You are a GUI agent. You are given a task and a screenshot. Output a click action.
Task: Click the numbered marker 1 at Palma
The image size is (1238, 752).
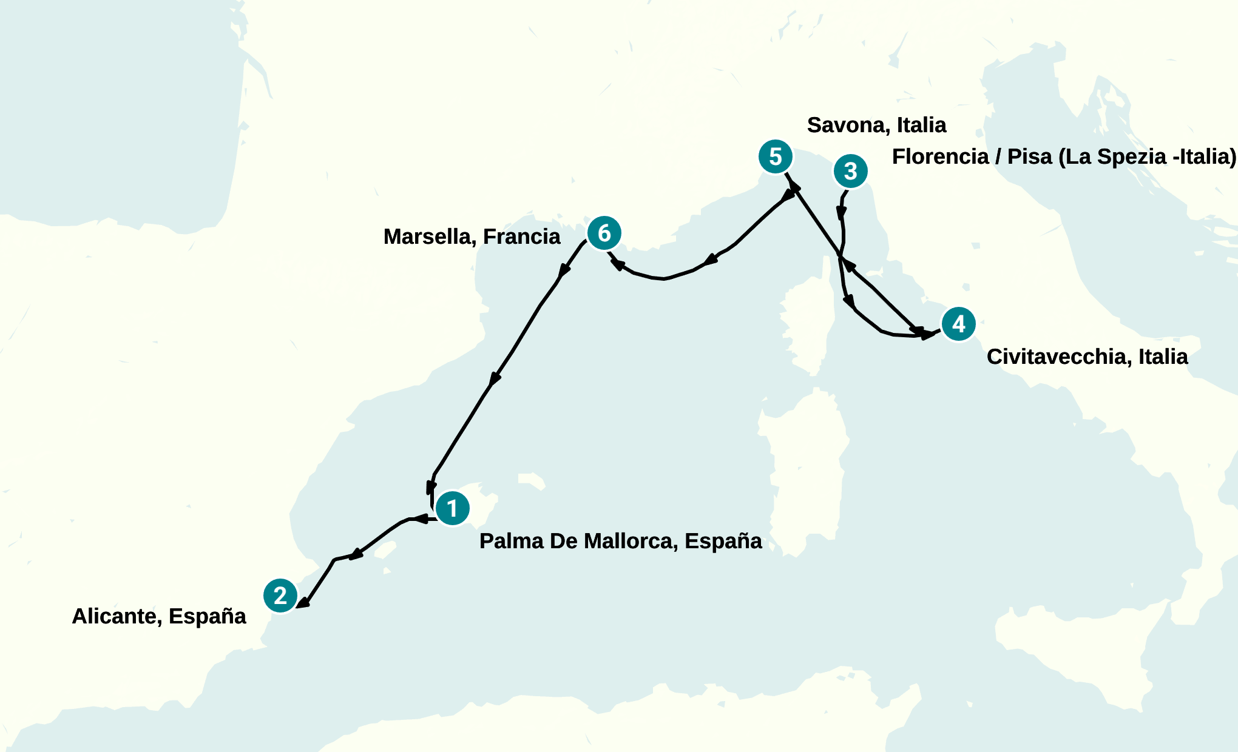coord(452,508)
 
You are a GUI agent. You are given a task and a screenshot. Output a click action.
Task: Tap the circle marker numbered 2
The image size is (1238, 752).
coord(280,596)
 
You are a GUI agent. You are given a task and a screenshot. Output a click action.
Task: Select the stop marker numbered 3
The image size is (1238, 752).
coord(851,171)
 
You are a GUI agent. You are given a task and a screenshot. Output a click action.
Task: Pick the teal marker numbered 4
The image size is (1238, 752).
coord(958,324)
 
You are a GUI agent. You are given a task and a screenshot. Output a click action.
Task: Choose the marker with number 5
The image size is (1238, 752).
coord(776,156)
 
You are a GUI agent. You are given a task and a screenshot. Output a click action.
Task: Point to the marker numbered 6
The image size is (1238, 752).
coord(604,233)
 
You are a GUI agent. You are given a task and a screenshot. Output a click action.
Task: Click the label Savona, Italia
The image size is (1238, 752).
coord(876,125)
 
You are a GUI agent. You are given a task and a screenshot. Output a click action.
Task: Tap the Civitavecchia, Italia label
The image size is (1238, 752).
coord(1087,357)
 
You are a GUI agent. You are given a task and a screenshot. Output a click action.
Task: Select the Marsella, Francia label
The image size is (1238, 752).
coord(472,237)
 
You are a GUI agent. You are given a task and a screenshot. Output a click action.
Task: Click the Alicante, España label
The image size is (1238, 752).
coord(159,616)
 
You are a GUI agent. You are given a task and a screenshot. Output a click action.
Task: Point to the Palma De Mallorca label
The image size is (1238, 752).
coord(620,541)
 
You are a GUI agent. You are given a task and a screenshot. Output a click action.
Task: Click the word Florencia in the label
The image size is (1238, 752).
coord(940,156)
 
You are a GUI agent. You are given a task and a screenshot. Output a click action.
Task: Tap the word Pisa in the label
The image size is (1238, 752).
coord(1029,156)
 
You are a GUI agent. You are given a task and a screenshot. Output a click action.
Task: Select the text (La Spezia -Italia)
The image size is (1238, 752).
coord(1147,156)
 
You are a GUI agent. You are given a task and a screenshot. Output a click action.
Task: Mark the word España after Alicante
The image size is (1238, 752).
coord(207,616)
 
